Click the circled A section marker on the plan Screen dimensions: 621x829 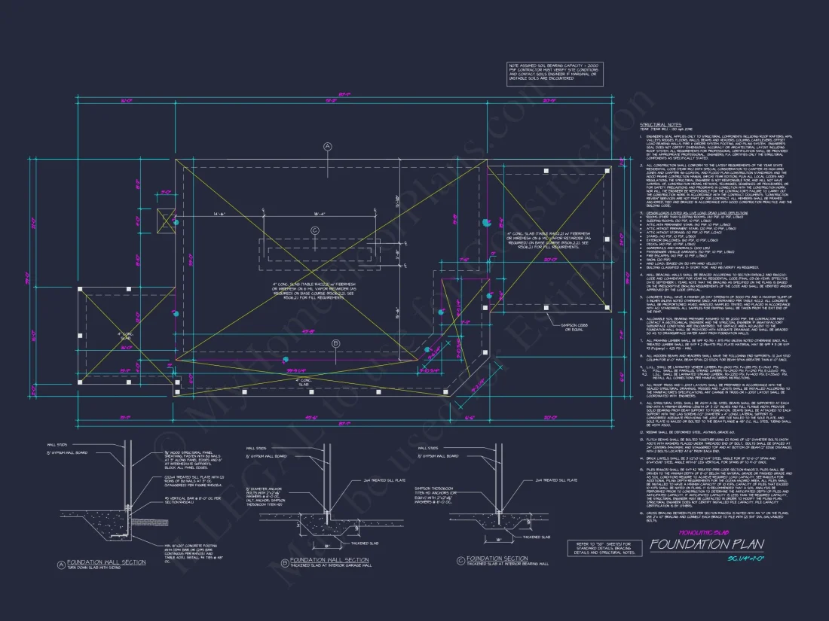click(x=327, y=147)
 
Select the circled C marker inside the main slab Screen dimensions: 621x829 click(x=315, y=230)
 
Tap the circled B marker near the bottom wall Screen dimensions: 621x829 click(x=336, y=345)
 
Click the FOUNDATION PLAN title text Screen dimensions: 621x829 click(x=706, y=545)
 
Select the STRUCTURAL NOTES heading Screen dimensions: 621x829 click(x=660, y=124)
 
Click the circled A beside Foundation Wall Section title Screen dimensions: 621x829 click(x=61, y=564)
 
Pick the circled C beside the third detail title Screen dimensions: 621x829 click(x=460, y=559)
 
